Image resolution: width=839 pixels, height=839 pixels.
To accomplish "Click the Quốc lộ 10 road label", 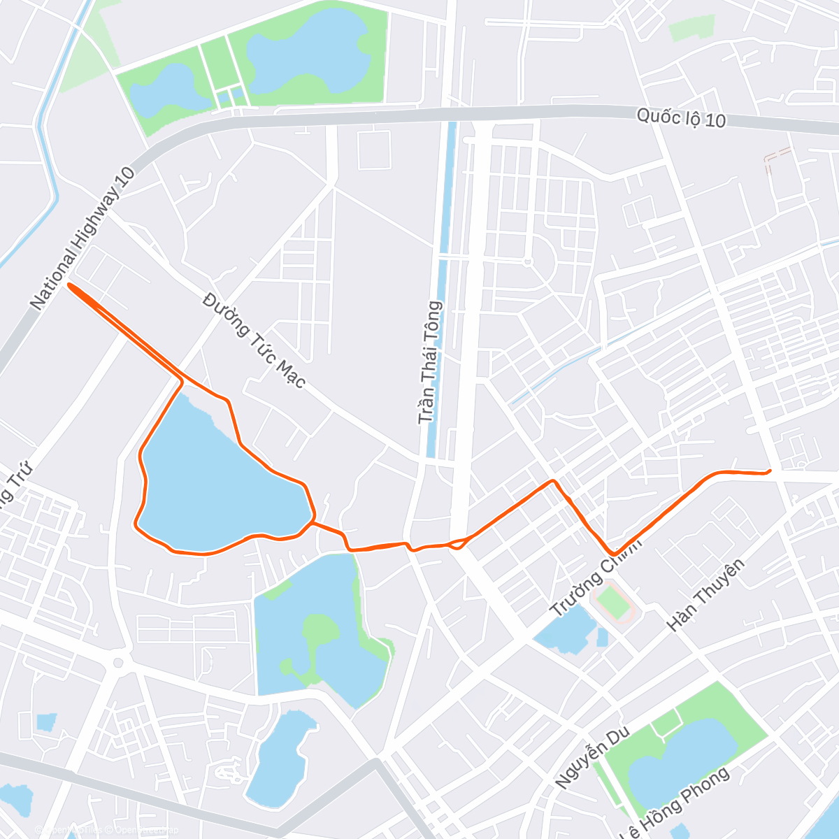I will point(680,118).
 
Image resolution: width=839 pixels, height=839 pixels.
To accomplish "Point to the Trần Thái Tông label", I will point(431,362).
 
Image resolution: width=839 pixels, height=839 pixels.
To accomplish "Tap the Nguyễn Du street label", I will point(592,757).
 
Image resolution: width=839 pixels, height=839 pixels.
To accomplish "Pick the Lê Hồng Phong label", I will point(675,804).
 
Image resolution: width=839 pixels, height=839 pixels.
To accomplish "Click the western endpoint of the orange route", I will point(69,285).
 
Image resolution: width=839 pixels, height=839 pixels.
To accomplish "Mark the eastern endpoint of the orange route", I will point(770,471).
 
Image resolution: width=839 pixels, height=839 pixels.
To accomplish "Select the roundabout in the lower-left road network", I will point(118,662).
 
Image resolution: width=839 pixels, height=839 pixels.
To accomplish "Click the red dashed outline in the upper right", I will point(776,159).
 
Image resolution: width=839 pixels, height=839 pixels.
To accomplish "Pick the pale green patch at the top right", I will point(691,28).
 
